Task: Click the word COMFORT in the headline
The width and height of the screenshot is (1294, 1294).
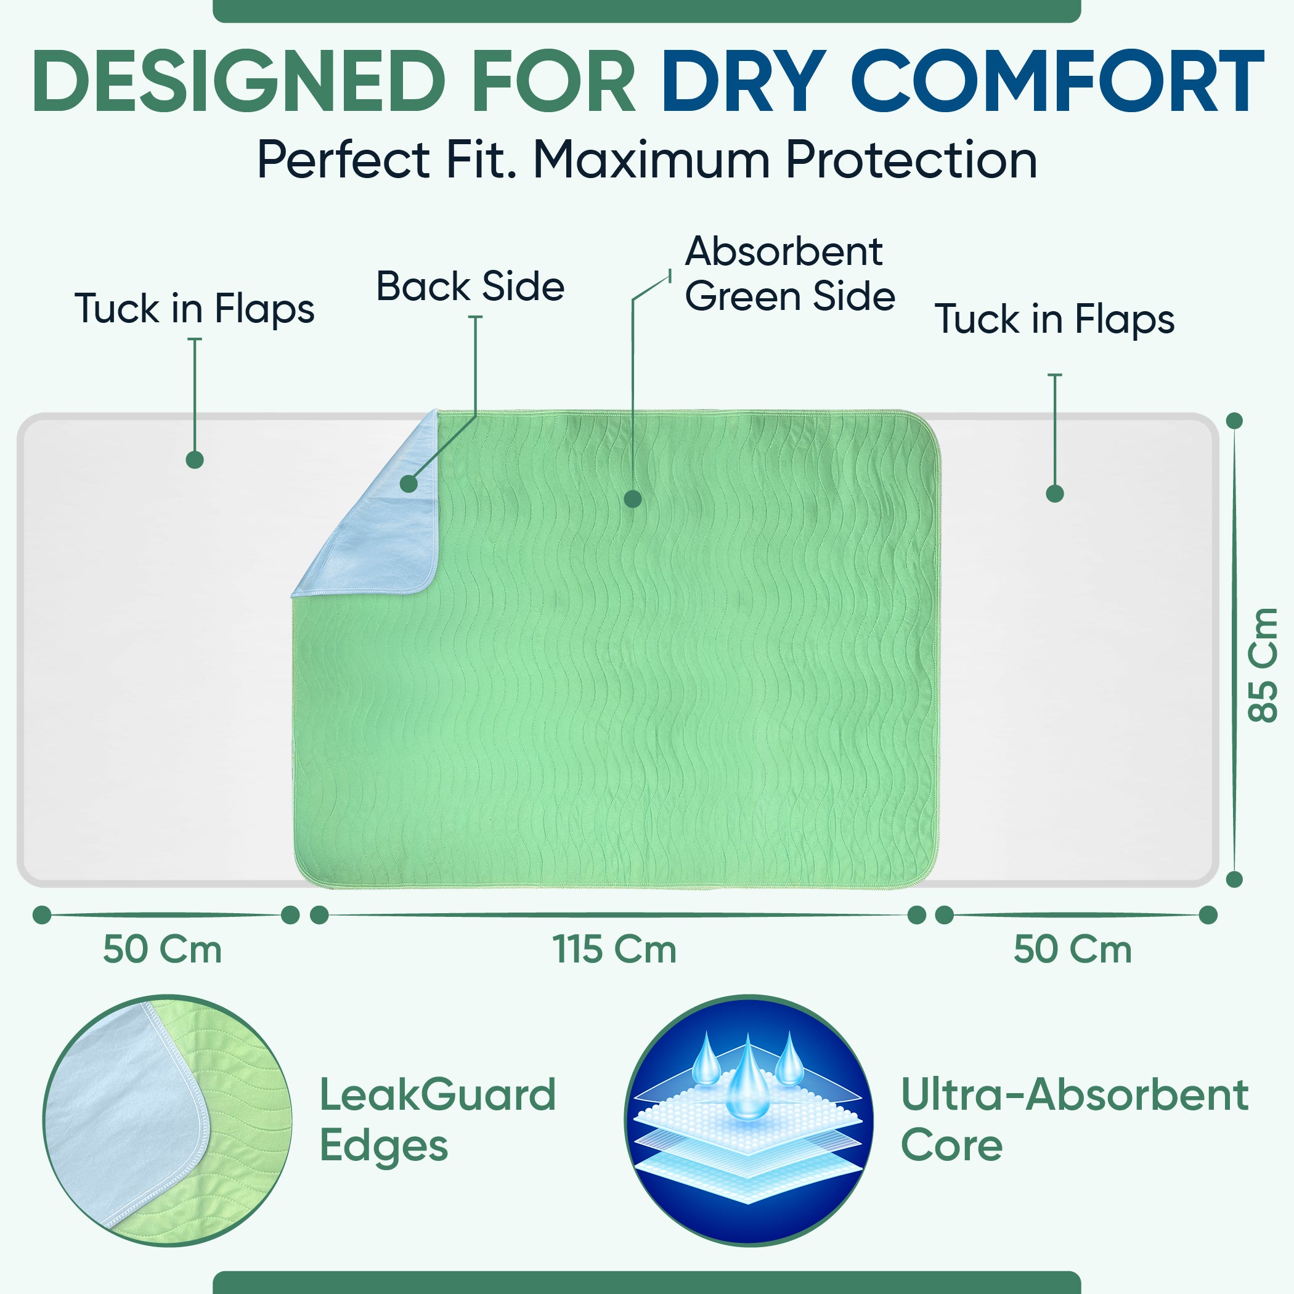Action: [x=1057, y=81]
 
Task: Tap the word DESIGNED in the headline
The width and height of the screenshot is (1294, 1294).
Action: [x=238, y=81]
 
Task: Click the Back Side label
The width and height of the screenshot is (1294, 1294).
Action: [x=470, y=287]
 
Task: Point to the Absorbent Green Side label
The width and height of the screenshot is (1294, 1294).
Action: [x=790, y=274]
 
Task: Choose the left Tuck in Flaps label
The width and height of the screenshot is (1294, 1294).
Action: [x=194, y=309]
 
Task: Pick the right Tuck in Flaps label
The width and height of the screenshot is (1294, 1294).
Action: [x=1055, y=319]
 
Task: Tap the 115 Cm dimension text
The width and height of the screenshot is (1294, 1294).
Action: [x=614, y=949]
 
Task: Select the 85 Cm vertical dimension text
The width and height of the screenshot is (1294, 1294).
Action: [x=1263, y=665]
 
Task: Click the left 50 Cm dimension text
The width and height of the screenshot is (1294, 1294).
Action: [x=162, y=949]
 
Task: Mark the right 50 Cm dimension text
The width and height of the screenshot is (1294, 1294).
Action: [x=1072, y=949]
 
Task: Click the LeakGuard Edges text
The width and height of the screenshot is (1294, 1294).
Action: [x=437, y=1120]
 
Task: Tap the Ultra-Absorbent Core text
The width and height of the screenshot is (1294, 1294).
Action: [x=1074, y=1120]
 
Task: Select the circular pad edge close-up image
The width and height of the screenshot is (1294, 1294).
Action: [x=168, y=1120]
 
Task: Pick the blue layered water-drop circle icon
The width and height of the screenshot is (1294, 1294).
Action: [x=749, y=1120]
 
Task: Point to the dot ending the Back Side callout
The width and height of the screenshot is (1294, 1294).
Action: [x=409, y=484]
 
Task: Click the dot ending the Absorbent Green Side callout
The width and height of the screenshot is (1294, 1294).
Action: [x=632, y=499]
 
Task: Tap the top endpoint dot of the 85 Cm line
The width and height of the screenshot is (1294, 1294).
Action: [x=1234, y=421]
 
